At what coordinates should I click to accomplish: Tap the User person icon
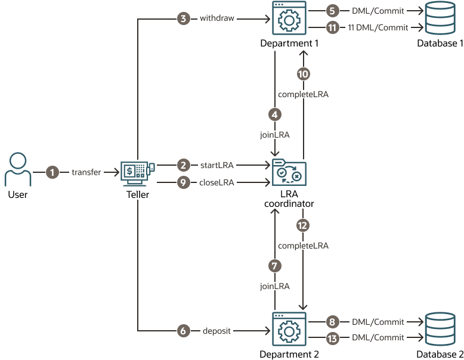pos(18,170)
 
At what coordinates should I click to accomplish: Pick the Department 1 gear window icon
pos(289,19)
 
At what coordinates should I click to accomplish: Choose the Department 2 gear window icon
pos(289,330)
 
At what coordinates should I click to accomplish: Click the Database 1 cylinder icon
pos(440,19)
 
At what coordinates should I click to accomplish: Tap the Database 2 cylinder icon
pos(440,330)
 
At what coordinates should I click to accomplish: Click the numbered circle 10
pos(304,74)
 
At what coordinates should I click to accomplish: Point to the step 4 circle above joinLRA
pos(274,114)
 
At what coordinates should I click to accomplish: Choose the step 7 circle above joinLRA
pos(274,265)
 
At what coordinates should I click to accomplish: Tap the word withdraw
pos(216,19)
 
